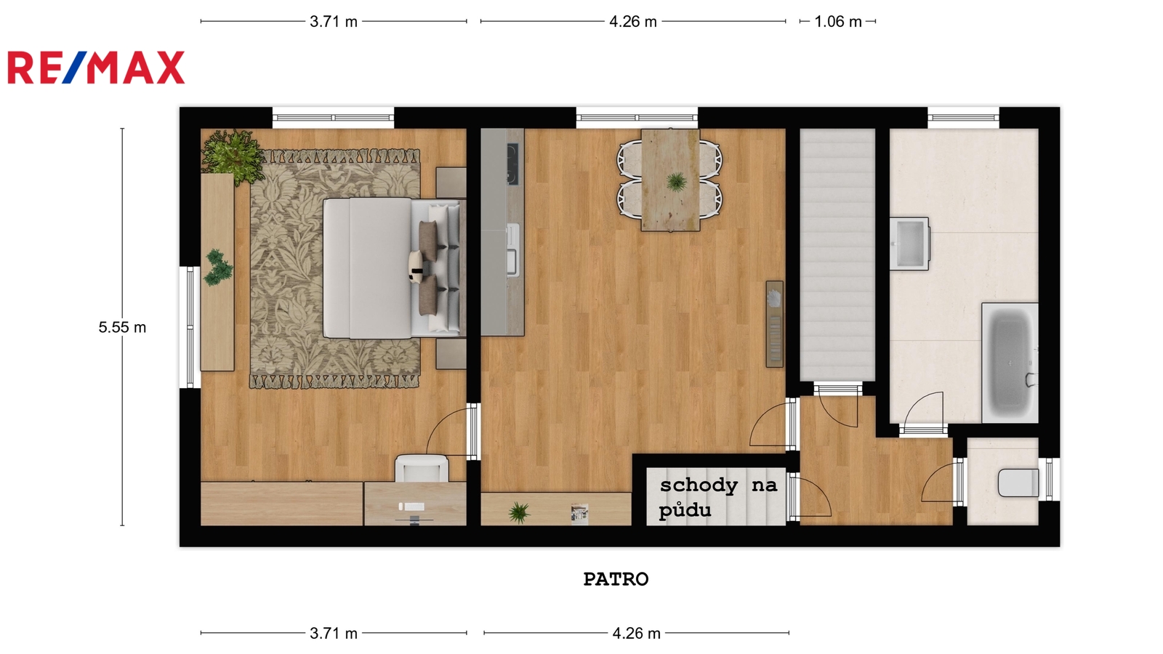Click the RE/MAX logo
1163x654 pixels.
[x=96, y=68]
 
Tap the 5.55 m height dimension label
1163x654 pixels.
[x=123, y=328]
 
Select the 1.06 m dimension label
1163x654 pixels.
[x=838, y=22]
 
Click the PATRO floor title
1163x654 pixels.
[x=616, y=579]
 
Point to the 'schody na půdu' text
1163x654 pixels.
[x=719, y=497]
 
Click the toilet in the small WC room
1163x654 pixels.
[x=1018, y=483]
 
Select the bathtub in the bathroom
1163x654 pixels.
[x=1010, y=363]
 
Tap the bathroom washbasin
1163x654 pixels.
[x=909, y=243]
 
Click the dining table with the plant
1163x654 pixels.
[x=670, y=179]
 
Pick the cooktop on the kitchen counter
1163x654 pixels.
[x=512, y=164]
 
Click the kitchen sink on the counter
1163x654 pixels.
[x=512, y=249]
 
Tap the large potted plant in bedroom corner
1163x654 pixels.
[x=232, y=156]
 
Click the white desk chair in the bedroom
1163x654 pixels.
[x=422, y=468]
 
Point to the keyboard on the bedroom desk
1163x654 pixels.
[x=411, y=506]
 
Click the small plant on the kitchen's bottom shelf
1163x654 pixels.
[x=519, y=512]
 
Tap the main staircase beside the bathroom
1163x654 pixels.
[x=837, y=255]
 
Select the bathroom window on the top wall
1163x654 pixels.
[x=963, y=118]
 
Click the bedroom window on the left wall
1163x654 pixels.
[x=190, y=327]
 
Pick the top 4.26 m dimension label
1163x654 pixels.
[x=633, y=22]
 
